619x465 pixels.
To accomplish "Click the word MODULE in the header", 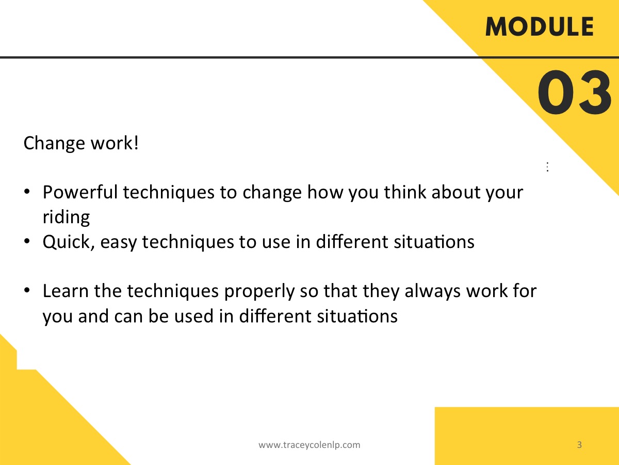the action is (540, 26).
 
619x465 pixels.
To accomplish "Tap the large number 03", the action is (575, 92).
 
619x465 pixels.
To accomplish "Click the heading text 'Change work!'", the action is (81, 144).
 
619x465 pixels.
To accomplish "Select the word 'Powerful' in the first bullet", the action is (80, 192).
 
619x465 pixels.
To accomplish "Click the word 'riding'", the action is (66, 218).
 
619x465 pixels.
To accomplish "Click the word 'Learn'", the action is (66, 291).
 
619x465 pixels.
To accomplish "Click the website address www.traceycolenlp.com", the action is (309, 445).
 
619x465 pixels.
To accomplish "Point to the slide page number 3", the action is (579, 445).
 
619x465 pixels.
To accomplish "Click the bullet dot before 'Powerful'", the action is (27, 192).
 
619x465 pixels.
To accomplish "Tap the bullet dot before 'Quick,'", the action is (27, 241).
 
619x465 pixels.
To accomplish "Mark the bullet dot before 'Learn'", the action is (27, 290).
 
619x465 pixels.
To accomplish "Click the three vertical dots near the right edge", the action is (547, 167).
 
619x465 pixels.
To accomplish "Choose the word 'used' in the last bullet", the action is (194, 316).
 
